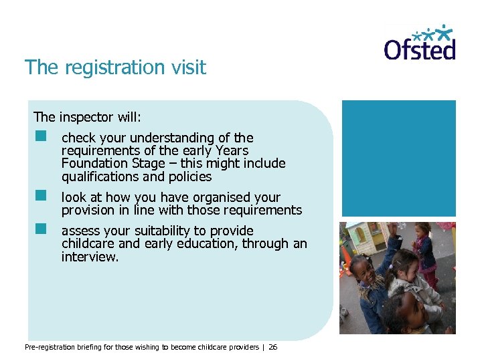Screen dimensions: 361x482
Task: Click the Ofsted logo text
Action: (419, 49)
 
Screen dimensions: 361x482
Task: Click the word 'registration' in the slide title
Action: (108, 68)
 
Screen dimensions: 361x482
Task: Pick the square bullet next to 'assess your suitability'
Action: (42, 228)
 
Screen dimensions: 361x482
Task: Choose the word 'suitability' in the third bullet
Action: (168, 231)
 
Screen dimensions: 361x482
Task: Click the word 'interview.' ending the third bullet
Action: (90, 257)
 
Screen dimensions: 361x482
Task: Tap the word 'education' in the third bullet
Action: (204, 244)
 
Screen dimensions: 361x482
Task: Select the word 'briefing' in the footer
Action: (80, 347)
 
